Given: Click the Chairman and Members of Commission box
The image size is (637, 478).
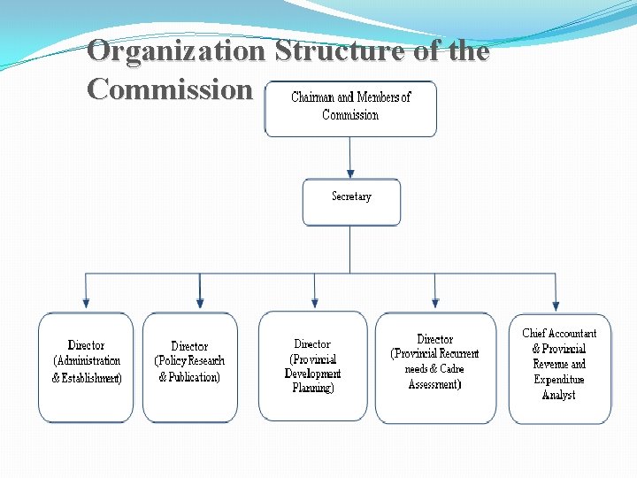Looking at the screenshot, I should coord(350,108).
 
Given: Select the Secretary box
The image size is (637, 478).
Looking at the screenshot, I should coord(351,201).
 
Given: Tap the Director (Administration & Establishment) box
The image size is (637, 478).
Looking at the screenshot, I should coord(86,366).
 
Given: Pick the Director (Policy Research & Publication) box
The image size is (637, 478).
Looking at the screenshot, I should coord(189,366).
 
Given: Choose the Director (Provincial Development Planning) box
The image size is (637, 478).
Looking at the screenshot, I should coord(312,366).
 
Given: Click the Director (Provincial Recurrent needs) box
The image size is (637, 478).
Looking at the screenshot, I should coord(434,366).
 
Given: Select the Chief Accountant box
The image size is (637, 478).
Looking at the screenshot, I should coord(559,367).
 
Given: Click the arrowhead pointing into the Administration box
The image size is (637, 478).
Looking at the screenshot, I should coord(86,303).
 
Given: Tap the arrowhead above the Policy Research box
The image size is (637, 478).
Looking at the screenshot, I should coord(200,303).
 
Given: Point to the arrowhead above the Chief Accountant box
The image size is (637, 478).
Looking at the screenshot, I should coord(556,303).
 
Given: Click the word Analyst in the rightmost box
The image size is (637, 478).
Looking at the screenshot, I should coord(558,395).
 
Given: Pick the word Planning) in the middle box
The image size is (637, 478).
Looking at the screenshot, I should coord(312,388).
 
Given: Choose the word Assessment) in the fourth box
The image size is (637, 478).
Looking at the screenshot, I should coord(434,384).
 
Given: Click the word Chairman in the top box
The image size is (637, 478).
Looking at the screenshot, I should coord(313,97).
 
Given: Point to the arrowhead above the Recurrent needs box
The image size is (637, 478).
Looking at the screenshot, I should coord(434,303).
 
